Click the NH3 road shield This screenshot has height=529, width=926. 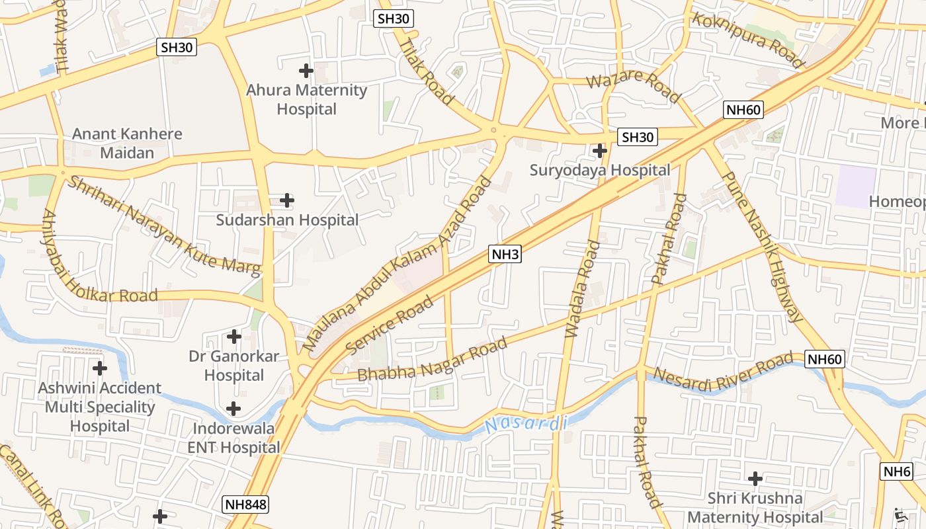tap(505, 253)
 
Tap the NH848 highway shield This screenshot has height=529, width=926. tap(245, 505)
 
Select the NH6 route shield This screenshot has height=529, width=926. tap(897, 471)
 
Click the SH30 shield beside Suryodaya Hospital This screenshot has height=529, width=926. tap(638, 138)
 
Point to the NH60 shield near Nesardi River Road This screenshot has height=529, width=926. tap(825, 360)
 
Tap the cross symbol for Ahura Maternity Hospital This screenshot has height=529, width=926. tap(306, 70)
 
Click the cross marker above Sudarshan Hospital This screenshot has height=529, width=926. tap(287, 200)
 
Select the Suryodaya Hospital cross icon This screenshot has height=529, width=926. tap(600, 151)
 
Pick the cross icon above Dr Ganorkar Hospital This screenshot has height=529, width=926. tap(233, 337)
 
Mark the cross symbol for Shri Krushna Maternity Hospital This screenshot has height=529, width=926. tap(755, 478)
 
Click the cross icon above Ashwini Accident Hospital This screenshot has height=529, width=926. tap(100, 368)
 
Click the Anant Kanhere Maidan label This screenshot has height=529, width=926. tap(127, 143)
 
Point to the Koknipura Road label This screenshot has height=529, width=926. tap(747, 40)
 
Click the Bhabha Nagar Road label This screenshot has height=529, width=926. tap(433, 359)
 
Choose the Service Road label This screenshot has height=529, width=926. tap(390, 325)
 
